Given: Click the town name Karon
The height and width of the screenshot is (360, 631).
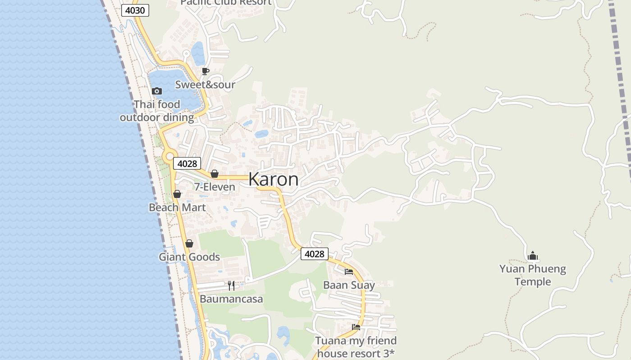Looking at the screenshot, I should pyautogui.click(x=273, y=179).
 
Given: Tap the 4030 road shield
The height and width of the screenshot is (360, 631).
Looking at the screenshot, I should pyautogui.click(x=135, y=10).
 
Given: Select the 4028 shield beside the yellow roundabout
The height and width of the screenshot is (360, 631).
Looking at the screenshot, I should pyautogui.click(x=187, y=163).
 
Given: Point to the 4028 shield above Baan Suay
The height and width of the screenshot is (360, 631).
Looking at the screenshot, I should pyautogui.click(x=314, y=254).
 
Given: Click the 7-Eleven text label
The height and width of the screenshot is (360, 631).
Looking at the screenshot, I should pyautogui.click(x=215, y=187).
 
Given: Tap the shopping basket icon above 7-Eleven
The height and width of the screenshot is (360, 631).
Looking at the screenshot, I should pyautogui.click(x=215, y=174).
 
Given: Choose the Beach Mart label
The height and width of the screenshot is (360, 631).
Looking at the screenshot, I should pyautogui.click(x=177, y=207).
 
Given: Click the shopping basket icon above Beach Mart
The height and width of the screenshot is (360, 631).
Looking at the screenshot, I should pyautogui.click(x=177, y=194).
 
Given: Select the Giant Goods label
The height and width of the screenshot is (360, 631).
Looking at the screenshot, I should pyautogui.click(x=189, y=257).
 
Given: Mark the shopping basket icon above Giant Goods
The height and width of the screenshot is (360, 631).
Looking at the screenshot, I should pyautogui.click(x=189, y=243).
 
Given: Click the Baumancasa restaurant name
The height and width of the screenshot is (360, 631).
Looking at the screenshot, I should pyautogui.click(x=231, y=299).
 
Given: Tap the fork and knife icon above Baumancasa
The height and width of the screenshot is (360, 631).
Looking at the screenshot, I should pyautogui.click(x=231, y=286).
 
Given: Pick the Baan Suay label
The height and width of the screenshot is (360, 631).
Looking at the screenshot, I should pyautogui.click(x=349, y=285).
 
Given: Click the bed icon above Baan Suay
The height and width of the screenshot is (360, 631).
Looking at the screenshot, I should pyautogui.click(x=349, y=271).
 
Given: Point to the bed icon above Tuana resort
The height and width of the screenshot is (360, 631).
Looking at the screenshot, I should pyautogui.click(x=356, y=327).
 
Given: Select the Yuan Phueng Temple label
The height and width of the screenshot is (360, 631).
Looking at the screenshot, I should pyautogui.click(x=533, y=275).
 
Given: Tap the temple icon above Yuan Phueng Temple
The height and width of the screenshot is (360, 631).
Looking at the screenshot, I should pyautogui.click(x=533, y=256).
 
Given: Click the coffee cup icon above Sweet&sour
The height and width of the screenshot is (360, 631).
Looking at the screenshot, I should pyautogui.click(x=206, y=71).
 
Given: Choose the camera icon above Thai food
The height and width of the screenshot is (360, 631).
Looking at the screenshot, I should pyautogui.click(x=157, y=91).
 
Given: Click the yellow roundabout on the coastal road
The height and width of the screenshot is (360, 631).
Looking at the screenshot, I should pyautogui.click(x=169, y=157).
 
